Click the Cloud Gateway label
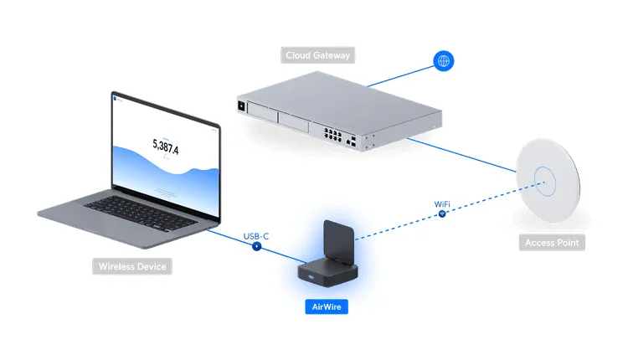(x=317, y=55)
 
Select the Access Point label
(x=551, y=243)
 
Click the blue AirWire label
(x=325, y=306)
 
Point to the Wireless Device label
(x=132, y=267)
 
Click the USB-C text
(x=255, y=235)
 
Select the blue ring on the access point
(x=546, y=179)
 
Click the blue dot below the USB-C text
(x=256, y=247)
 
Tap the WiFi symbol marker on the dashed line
(x=442, y=214)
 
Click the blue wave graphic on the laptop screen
(x=167, y=167)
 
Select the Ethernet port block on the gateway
(x=329, y=132)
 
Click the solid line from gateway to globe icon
(x=399, y=76)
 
